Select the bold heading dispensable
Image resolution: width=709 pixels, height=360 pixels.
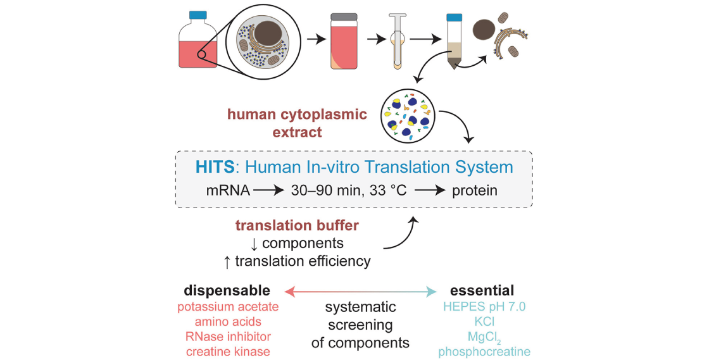pos(227,290)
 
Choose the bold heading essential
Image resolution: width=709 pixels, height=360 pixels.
pos(482,290)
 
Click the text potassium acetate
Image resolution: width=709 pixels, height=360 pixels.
pos(227,307)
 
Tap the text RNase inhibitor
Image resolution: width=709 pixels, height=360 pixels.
pos(227,336)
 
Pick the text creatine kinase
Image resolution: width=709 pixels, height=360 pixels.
pos(227,351)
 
